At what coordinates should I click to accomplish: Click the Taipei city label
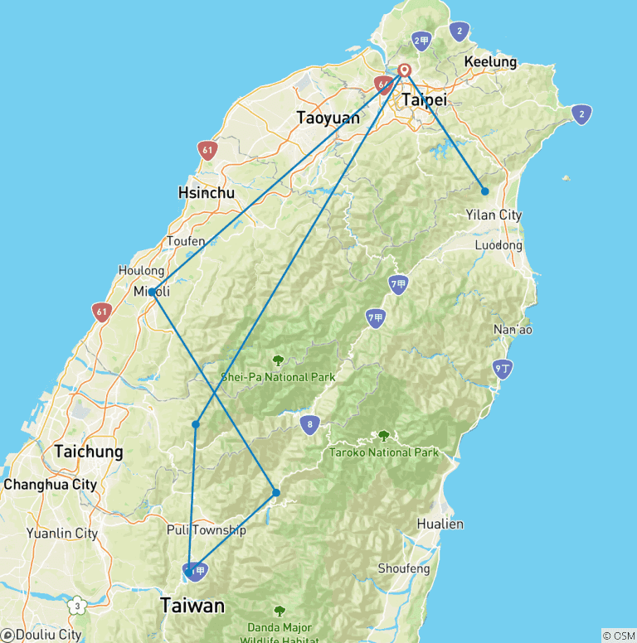click(424, 99)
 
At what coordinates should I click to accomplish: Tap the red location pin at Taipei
click(405, 70)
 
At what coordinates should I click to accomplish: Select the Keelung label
click(490, 62)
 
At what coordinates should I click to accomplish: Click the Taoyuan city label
click(328, 118)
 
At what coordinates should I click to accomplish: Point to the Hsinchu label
click(207, 193)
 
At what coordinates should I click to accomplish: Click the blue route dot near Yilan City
click(484, 191)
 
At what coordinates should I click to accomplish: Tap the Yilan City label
click(494, 215)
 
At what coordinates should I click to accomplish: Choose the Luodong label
click(498, 245)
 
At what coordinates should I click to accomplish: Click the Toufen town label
click(186, 241)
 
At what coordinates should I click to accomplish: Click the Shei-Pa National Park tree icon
click(279, 360)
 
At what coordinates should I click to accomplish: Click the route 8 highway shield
click(309, 425)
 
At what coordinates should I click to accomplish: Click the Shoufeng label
click(404, 568)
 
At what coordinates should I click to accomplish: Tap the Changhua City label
click(50, 484)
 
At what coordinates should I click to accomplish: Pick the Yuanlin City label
click(61, 534)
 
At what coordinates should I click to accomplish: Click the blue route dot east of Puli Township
click(276, 493)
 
